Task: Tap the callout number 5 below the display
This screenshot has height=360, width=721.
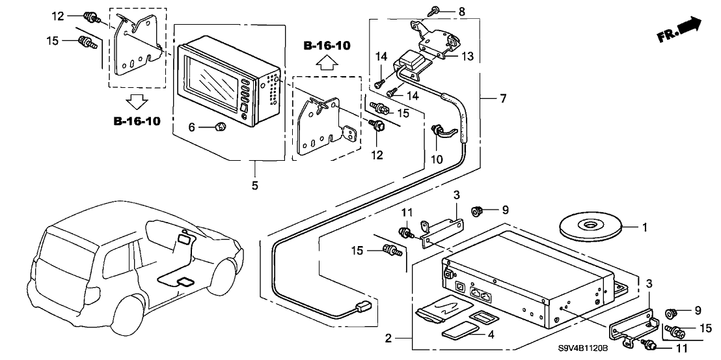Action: [254, 186]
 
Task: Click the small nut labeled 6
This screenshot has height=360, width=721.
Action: [219, 128]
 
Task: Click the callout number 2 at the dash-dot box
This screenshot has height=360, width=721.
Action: [388, 339]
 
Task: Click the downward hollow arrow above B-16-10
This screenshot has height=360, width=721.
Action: [137, 101]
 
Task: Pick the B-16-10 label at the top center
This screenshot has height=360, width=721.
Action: [327, 46]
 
